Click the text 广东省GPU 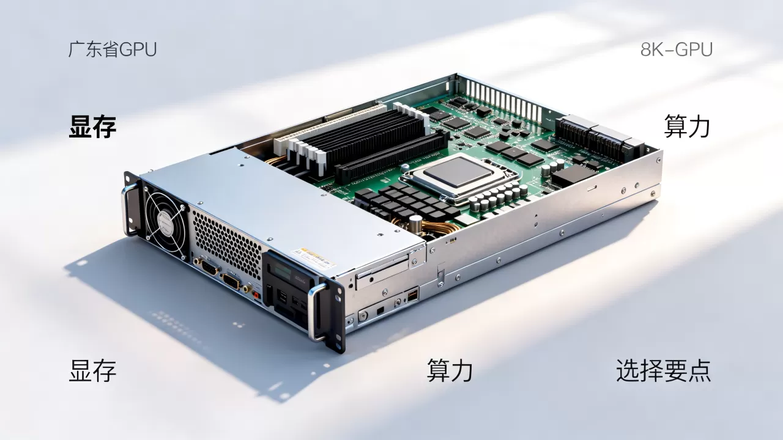112,50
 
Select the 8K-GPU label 677,50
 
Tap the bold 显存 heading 92,127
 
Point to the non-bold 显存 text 92,370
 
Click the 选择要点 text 664,370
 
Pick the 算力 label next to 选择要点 450,370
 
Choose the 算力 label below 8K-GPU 687,127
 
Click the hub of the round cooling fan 166,222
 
